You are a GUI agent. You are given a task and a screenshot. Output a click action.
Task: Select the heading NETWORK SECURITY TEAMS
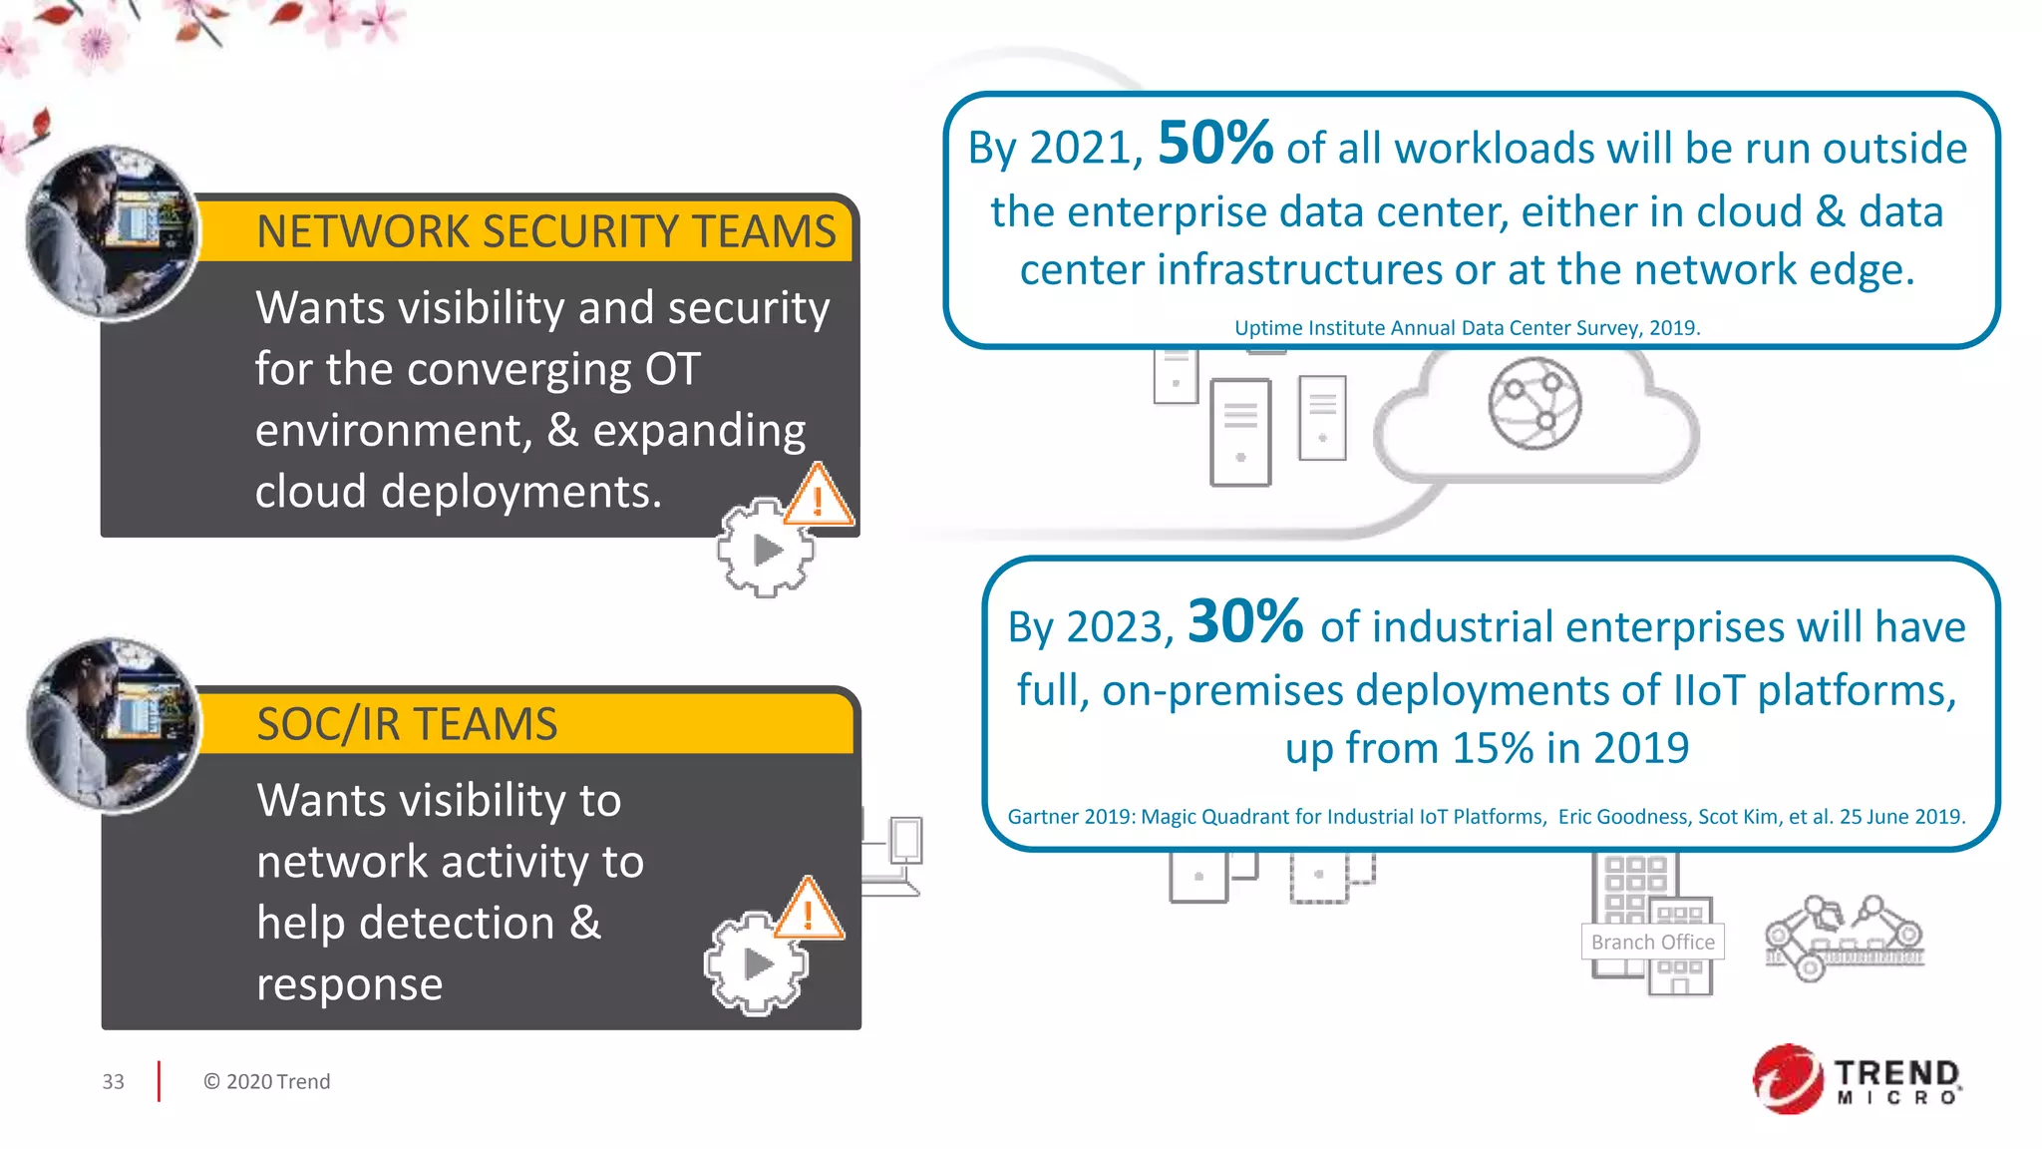coord(545,231)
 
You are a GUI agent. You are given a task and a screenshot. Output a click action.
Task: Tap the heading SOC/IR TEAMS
coord(407,724)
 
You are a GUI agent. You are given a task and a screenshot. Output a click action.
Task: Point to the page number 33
coord(113,1081)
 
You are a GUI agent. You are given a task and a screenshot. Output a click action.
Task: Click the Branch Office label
coord(1652,942)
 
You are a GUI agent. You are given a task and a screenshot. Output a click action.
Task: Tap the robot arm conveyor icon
coord(1844,938)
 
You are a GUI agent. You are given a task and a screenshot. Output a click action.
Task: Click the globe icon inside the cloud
coord(1534,403)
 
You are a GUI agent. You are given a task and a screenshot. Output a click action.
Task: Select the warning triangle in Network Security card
coord(819,496)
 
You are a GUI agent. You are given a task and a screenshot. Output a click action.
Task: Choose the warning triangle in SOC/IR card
coord(809,911)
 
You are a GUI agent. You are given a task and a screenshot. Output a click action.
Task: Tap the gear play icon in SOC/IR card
coord(756,963)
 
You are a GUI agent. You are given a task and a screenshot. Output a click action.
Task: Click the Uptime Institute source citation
coord(1467,328)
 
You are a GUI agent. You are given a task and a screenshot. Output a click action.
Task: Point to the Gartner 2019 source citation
coord(1486,817)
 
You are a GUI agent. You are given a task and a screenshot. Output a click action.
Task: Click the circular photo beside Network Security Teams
coord(112,233)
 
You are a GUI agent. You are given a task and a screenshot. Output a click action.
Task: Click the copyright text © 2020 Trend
coord(266,1081)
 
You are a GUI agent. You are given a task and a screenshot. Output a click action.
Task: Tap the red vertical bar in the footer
coord(159,1081)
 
